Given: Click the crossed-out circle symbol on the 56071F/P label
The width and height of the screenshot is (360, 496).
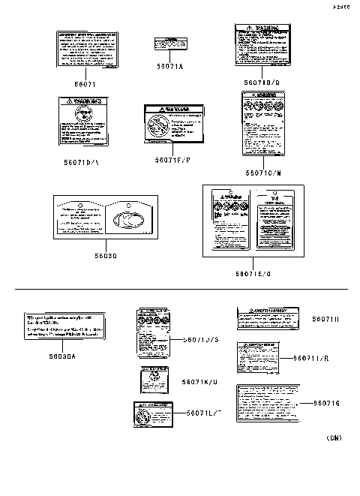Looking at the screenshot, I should (157, 125).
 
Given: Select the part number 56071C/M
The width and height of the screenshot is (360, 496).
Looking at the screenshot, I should (262, 172).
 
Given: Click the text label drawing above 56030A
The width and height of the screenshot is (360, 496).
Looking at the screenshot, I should (63, 328).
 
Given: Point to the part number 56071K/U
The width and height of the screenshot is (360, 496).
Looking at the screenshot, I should (199, 381).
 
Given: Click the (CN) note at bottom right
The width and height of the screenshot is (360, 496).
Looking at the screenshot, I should (334, 438).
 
